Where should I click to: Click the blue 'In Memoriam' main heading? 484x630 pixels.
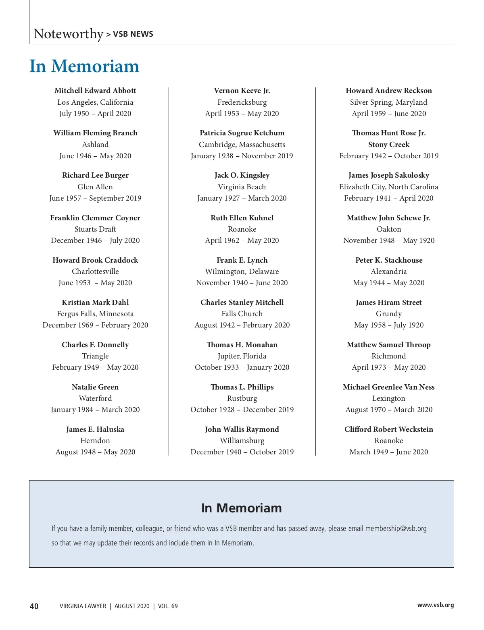pos(84,66)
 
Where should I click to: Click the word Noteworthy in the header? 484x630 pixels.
pos(68,34)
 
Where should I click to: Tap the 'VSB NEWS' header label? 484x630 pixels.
pos(133,34)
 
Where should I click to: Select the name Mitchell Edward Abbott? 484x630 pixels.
pos(95,91)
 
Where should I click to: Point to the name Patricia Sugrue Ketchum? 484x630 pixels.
pos(242,133)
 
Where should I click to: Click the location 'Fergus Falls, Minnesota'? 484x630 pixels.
pos(95,314)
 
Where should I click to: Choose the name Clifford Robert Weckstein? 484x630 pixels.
pos(388,429)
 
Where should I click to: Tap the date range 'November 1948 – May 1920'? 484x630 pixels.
pos(388,240)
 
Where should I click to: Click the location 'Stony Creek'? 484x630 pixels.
pos(388,145)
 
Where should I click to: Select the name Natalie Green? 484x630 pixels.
pos(95,387)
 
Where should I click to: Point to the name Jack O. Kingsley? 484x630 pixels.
pos(242,175)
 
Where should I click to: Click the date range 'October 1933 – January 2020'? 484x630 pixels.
pos(242,367)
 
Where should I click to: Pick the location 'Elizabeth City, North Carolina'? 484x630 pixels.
pos(388,187)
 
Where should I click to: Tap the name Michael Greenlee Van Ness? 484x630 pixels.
pos(388,387)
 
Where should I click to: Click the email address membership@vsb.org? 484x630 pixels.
pos(396,528)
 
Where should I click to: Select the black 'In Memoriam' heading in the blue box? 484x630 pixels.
pos(241,508)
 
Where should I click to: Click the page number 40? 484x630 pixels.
pos(34,606)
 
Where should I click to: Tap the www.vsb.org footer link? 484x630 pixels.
pos(435,605)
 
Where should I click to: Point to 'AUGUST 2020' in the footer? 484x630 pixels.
pos(132,606)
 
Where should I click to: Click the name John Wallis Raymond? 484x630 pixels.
pos(242,429)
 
